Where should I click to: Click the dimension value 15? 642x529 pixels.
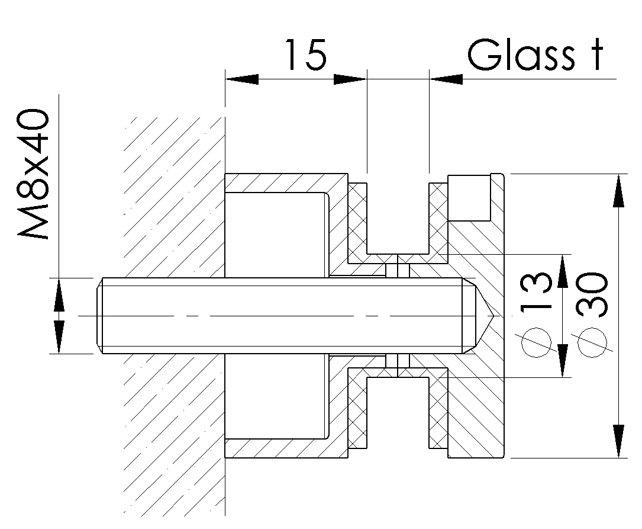point(306,56)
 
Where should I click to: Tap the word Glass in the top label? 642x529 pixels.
point(518,56)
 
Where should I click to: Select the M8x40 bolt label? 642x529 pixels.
point(34,175)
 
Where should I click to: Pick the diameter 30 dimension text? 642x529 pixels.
point(592,294)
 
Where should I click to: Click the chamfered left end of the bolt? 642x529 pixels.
point(99,316)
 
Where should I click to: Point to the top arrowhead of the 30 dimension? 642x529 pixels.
point(619,190)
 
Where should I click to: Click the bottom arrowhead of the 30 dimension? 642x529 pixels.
point(619,441)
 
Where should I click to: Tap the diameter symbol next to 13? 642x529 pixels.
point(536,344)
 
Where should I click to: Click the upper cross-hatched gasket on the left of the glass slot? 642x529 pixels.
point(357,222)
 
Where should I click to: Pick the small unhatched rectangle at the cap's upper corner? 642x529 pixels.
point(469,197)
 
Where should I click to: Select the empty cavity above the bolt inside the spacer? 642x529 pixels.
point(275,234)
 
